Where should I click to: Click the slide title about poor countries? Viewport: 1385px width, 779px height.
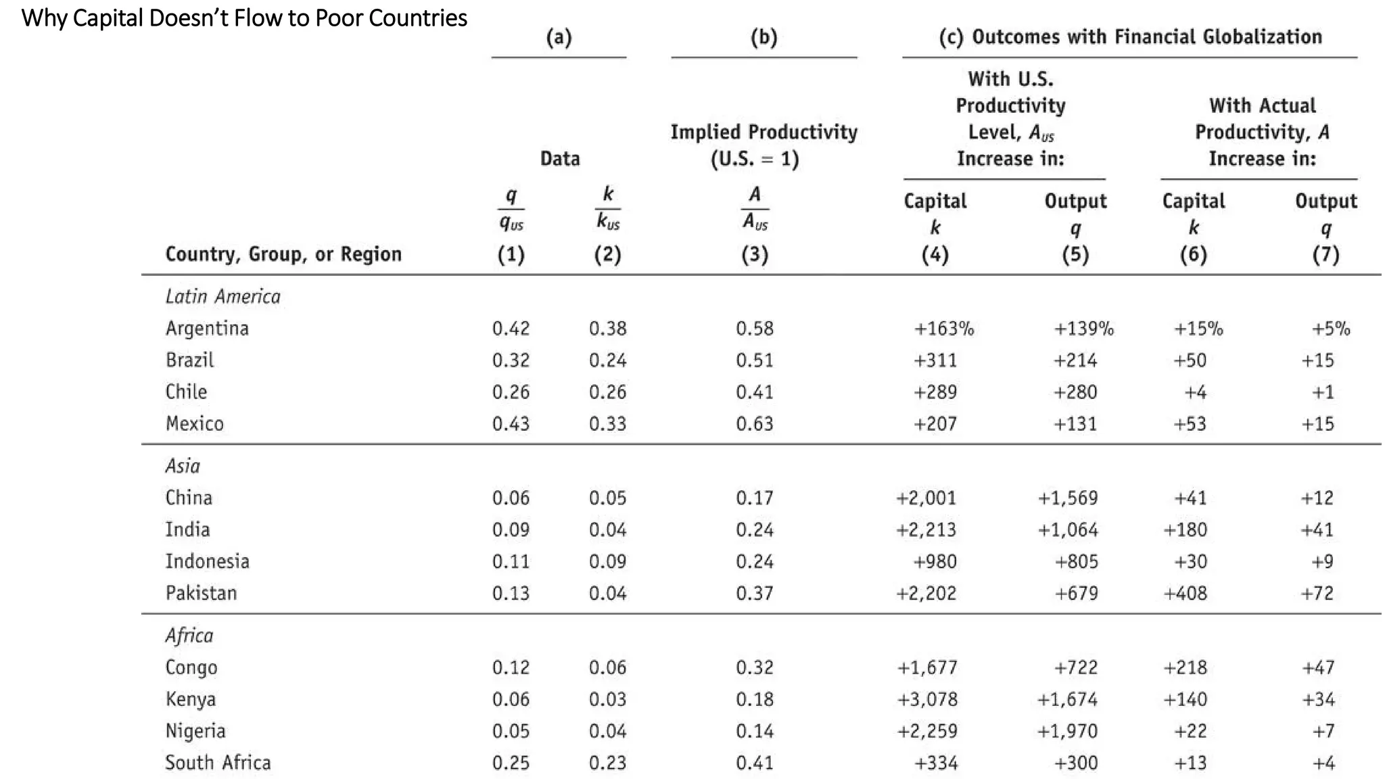pos(244,18)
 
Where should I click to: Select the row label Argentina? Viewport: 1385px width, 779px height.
pos(207,329)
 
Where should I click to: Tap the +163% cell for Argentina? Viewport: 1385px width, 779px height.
pos(943,329)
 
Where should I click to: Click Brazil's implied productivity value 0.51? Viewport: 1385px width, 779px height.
pos(755,360)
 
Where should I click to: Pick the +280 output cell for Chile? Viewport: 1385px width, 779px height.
pos(1075,392)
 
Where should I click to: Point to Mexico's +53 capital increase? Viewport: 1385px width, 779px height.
pos(1190,424)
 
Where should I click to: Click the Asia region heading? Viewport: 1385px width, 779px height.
pos(183,466)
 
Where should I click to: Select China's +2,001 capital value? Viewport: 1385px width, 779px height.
pos(926,498)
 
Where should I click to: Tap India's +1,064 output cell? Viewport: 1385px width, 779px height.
pos(1068,530)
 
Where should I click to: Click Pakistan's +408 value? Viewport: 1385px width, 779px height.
pos(1185,594)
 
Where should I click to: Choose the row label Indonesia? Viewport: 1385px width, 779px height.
pos(207,562)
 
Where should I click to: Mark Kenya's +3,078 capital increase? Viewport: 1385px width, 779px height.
pos(927,700)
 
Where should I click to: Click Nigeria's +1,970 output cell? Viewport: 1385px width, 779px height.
pos(1068,732)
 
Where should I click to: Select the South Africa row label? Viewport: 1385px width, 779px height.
pos(218,763)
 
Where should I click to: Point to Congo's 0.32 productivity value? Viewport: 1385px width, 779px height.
pos(755,668)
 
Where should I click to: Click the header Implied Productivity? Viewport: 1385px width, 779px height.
pos(764,132)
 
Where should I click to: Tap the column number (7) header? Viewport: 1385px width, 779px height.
pos(1325,255)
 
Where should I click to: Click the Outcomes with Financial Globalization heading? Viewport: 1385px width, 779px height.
pos(1130,37)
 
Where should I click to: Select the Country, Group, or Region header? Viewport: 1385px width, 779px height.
pos(283,254)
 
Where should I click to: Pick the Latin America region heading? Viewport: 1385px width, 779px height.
pos(222,297)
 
